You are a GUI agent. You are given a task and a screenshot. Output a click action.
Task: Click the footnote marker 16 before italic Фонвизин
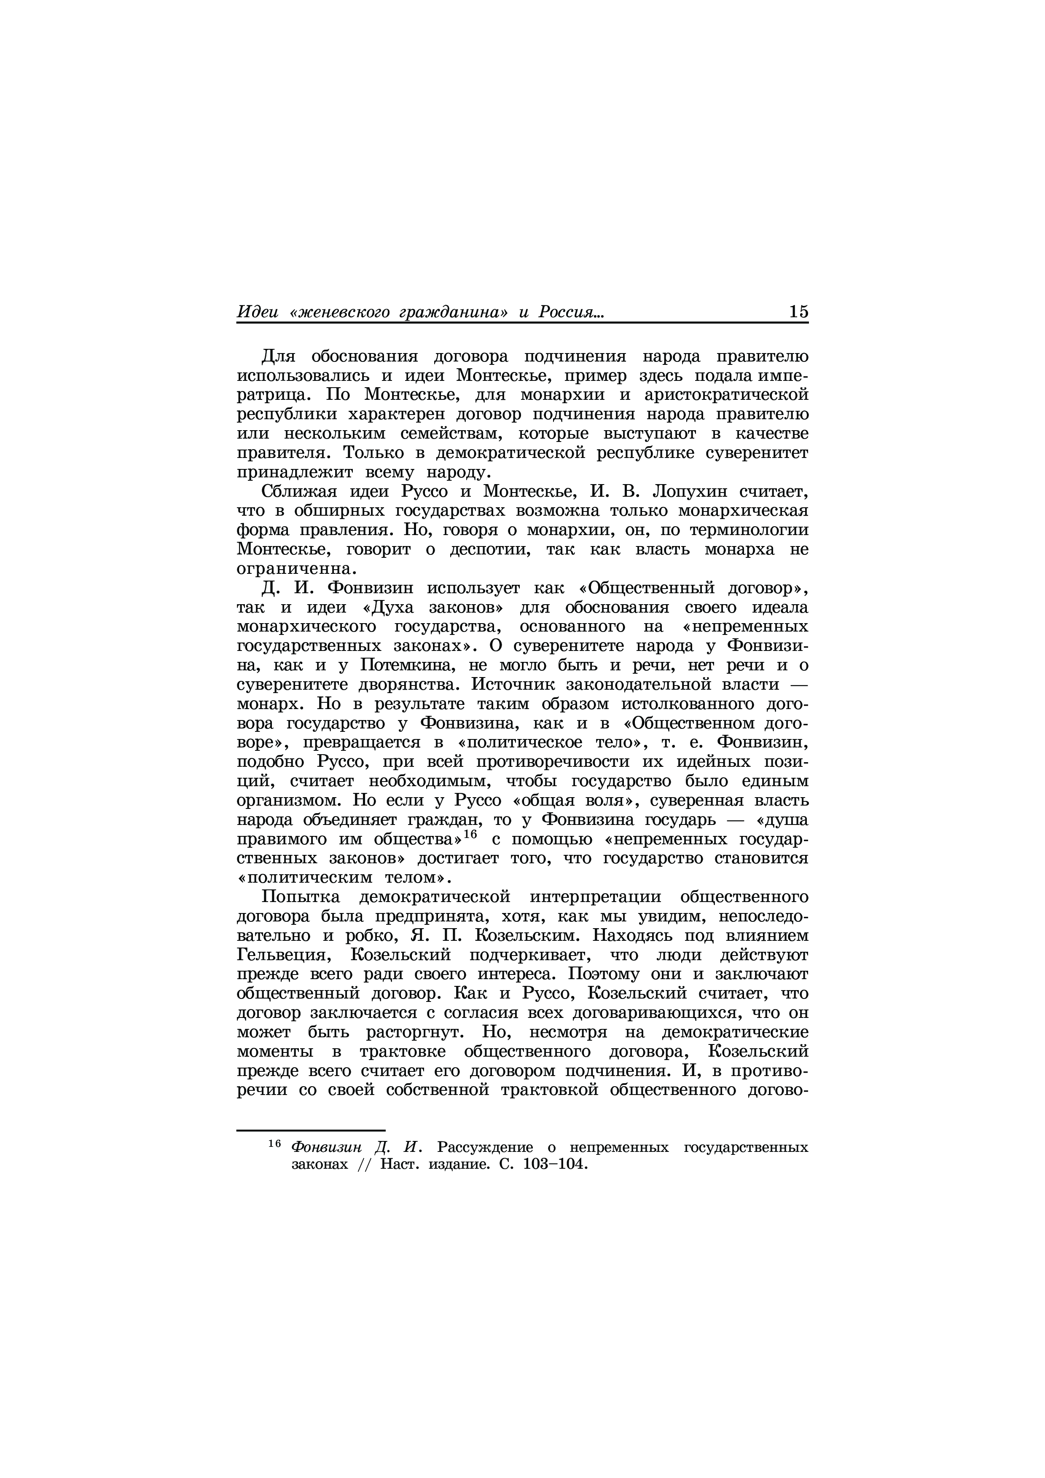275,1143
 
